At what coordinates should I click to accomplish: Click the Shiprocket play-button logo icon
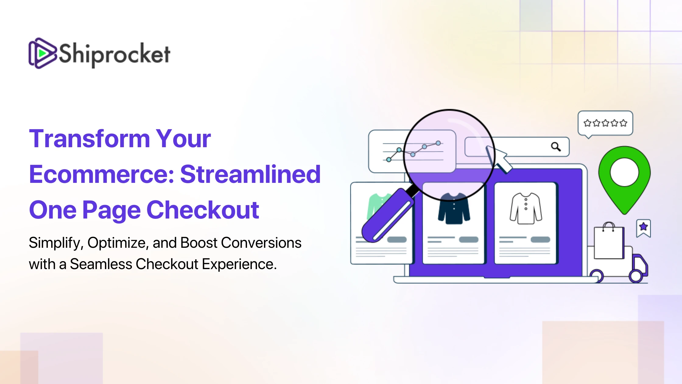(43, 53)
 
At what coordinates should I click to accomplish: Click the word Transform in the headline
(90, 139)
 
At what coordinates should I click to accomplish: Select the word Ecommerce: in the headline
(102, 174)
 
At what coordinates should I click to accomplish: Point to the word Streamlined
(250, 174)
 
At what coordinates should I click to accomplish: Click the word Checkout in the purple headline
(203, 210)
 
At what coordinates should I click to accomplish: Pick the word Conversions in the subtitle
(261, 243)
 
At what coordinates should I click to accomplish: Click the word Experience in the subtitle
(239, 265)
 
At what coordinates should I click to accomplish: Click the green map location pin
(624, 180)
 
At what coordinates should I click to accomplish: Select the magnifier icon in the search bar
(556, 147)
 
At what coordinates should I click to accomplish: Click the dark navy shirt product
(454, 208)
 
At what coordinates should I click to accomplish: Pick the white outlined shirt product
(526, 208)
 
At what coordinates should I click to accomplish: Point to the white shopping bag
(609, 241)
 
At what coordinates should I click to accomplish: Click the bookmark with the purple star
(643, 228)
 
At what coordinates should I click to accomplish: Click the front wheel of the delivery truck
(636, 276)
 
